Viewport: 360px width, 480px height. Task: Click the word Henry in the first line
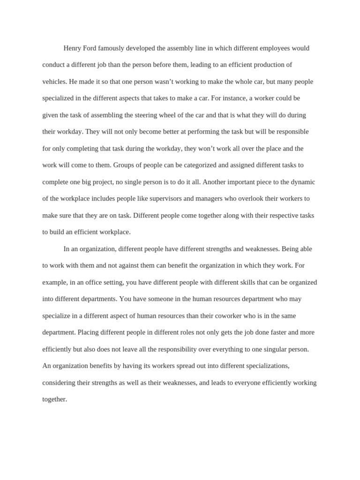click(72, 48)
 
